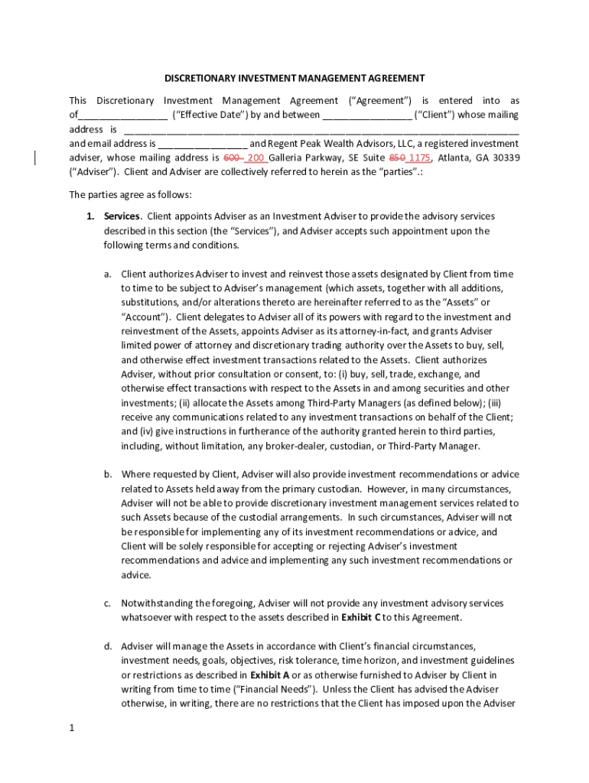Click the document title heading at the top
pos(294,78)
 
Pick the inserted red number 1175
pos(420,158)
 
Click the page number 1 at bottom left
pos(71,728)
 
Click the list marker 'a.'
pos(109,274)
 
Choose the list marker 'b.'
pos(109,475)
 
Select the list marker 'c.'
pos(109,603)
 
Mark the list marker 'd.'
pos(109,646)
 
